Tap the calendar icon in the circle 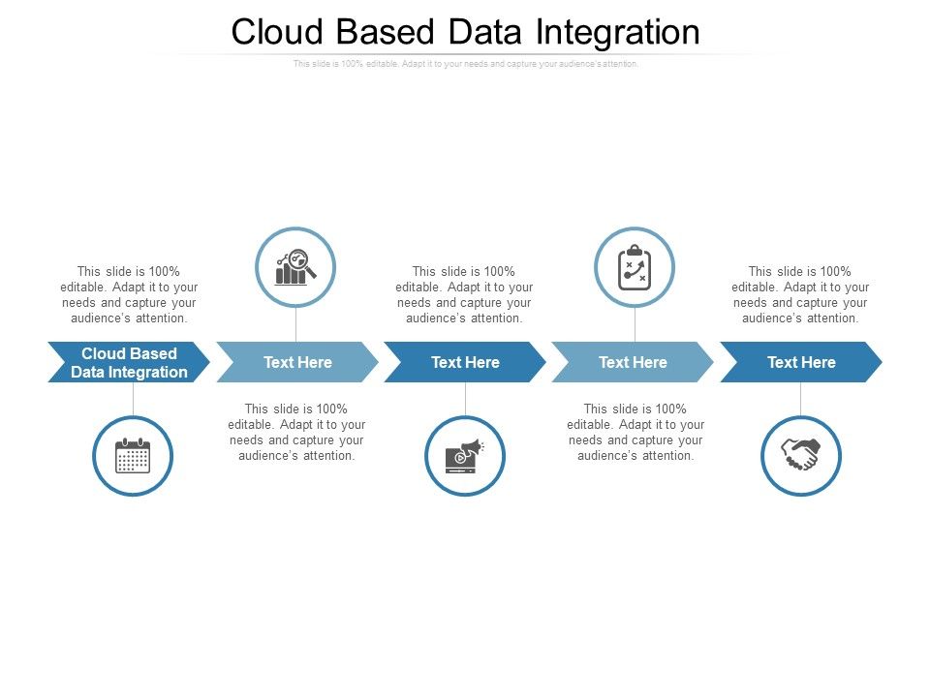click(133, 456)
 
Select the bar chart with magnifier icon click(295, 267)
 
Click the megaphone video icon click(465, 456)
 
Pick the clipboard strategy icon click(635, 267)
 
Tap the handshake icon click(801, 456)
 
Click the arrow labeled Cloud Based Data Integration click(129, 362)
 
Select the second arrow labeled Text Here click(297, 362)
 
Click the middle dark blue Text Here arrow click(465, 362)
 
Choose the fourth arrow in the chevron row click(633, 362)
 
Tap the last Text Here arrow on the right click(801, 362)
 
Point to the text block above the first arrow click(130, 294)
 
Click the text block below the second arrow click(296, 432)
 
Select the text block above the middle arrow click(464, 294)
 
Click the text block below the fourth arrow click(635, 432)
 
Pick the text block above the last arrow click(800, 294)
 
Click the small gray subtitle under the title click(465, 64)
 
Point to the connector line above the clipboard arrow click(635, 324)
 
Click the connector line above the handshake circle click(801, 398)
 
